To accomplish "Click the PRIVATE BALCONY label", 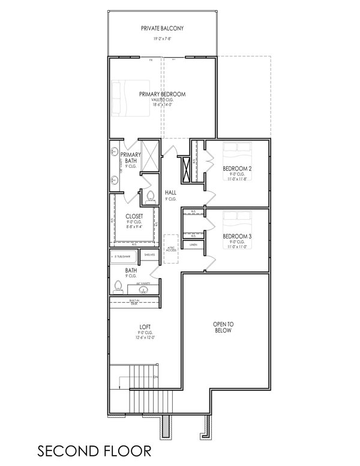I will click(x=162, y=28).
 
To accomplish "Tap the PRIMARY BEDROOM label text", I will click(x=162, y=94).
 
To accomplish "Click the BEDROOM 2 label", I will click(x=237, y=169).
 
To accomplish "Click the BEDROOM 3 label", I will click(x=237, y=237).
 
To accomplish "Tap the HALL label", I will click(x=170, y=193).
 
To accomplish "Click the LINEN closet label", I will click(x=193, y=245).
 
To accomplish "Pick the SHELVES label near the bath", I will click(x=149, y=255).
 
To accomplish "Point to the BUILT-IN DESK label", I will click(x=134, y=303).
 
